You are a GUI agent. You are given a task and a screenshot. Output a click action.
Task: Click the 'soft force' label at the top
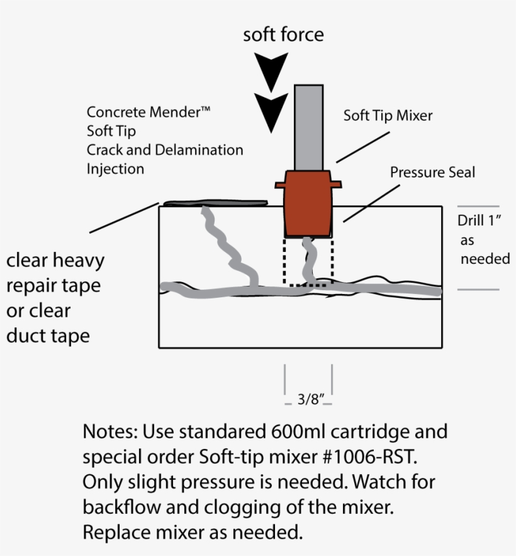coord(283,35)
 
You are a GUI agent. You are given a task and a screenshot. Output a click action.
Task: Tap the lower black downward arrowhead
coord(271,107)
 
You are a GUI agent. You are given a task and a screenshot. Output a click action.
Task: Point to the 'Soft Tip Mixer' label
coord(388,116)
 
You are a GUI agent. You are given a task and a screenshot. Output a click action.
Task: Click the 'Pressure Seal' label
coord(432,172)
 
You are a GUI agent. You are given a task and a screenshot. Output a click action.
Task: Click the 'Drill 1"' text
coord(478,221)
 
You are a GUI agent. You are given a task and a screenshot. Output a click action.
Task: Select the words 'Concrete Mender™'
coord(149,113)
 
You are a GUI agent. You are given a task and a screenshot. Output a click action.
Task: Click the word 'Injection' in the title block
coord(115,169)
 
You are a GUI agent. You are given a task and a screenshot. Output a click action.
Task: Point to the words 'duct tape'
coord(48,336)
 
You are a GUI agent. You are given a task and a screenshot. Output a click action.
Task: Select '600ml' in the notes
coord(299,432)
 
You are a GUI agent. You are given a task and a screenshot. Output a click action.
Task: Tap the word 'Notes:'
coord(109,432)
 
